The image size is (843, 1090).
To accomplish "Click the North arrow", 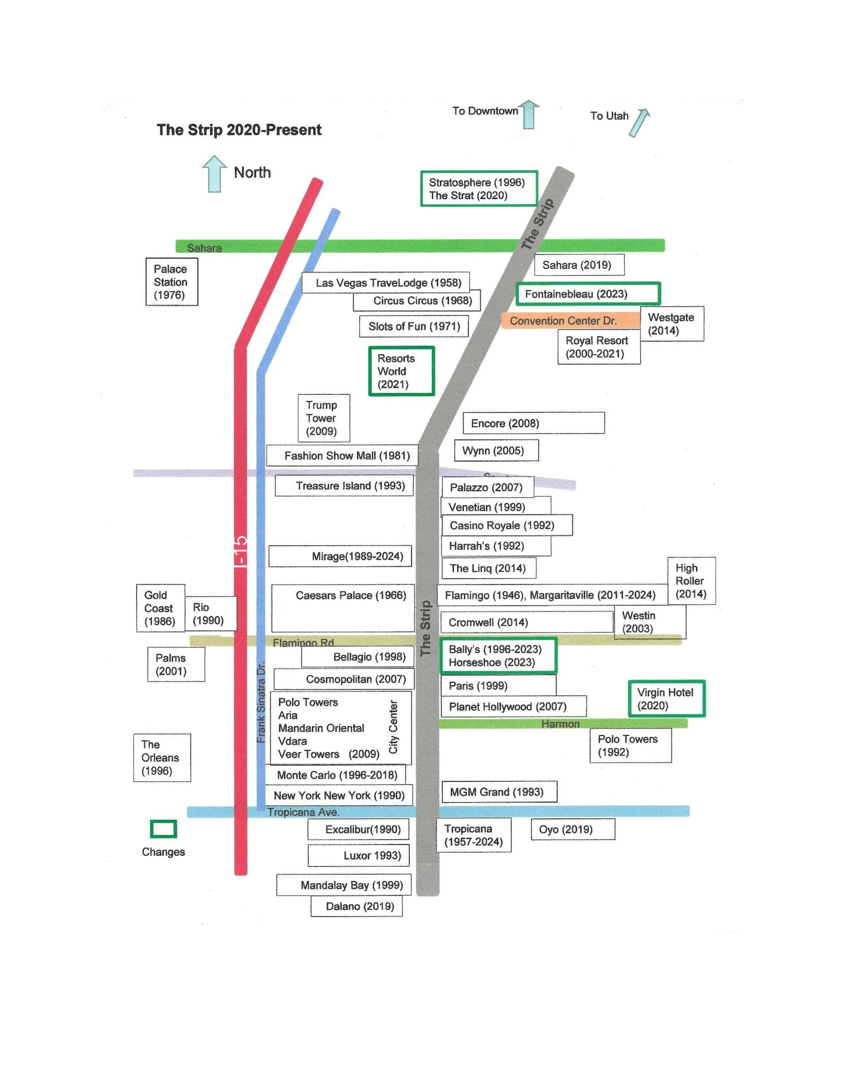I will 214,174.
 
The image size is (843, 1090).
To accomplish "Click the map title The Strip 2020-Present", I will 239,130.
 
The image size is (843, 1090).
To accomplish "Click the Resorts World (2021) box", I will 401,371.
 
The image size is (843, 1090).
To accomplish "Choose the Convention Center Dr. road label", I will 563,321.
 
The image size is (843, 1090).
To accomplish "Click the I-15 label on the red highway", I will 240,552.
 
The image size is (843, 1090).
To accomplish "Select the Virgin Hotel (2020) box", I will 666,699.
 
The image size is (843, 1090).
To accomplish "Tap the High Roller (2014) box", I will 691,581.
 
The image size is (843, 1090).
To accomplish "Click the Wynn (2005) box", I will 496,451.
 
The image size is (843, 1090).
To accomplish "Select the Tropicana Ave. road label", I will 303,812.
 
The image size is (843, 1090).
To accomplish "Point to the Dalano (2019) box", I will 356,906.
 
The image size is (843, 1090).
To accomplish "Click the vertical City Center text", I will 394,727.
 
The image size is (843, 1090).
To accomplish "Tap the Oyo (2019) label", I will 572,830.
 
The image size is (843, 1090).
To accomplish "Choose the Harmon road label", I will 560,724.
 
